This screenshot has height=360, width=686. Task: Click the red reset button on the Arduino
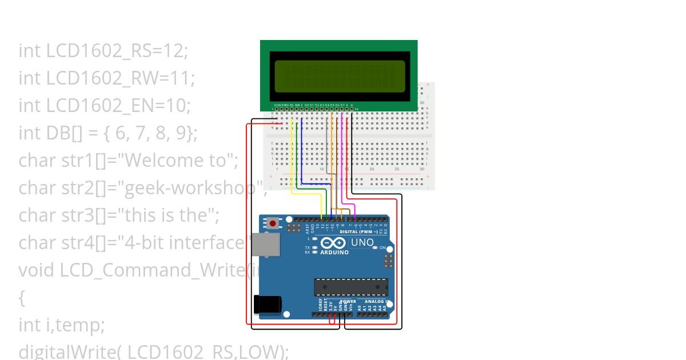(x=273, y=223)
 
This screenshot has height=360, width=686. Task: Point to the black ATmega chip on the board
(x=350, y=287)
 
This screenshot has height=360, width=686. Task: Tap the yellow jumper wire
(x=292, y=160)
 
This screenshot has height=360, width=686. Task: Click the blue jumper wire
(x=302, y=154)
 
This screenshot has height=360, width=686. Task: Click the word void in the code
(x=37, y=270)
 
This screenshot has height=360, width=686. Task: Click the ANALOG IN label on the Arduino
(x=377, y=302)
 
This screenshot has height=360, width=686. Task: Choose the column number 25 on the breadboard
(x=397, y=169)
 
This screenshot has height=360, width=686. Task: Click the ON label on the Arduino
(x=382, y=248)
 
